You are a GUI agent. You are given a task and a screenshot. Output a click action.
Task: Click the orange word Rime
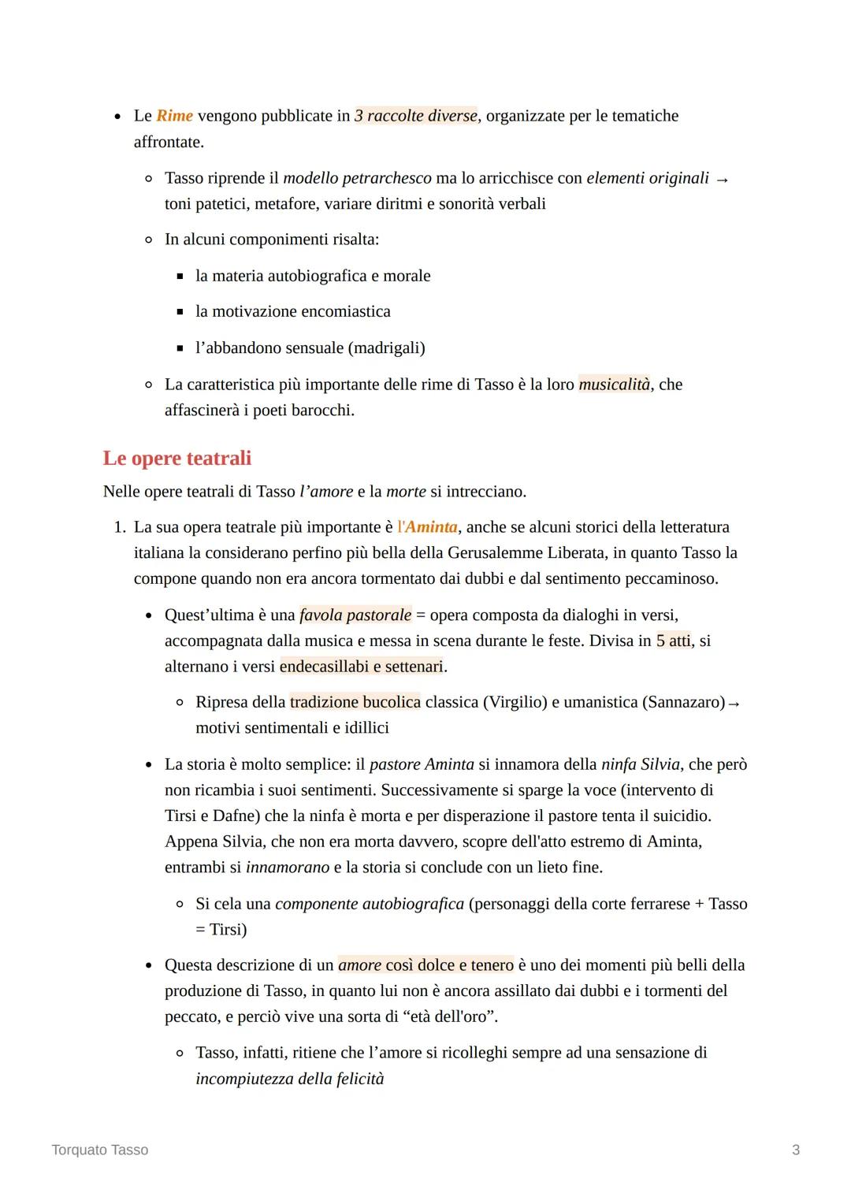point(174,116)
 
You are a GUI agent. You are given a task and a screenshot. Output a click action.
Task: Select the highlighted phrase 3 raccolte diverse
point(416,116)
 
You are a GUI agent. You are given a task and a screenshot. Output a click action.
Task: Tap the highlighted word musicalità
point(615,385)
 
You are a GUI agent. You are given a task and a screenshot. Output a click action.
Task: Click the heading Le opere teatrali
point(177,458)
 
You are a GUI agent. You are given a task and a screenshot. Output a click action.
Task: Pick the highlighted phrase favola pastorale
point(355,615)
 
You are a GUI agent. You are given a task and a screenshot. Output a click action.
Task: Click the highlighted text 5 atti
point(674,641)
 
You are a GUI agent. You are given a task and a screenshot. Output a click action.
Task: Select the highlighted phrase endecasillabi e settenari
point(362,667)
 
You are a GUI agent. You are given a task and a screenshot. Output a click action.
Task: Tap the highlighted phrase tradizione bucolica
point(355,702)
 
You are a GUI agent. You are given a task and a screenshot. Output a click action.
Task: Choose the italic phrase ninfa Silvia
point(640,764)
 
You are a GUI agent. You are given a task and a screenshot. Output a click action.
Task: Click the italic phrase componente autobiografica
point(370,904)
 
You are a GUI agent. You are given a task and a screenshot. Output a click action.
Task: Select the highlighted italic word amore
point(359,965)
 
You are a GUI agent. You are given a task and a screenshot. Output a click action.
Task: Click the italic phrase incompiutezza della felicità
point(289,1079)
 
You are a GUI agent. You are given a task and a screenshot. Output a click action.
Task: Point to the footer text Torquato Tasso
point(100,1150)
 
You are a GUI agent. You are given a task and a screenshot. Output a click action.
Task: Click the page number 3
point(796,1150)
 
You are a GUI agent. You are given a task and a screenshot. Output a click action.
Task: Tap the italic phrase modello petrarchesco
point(357,178)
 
